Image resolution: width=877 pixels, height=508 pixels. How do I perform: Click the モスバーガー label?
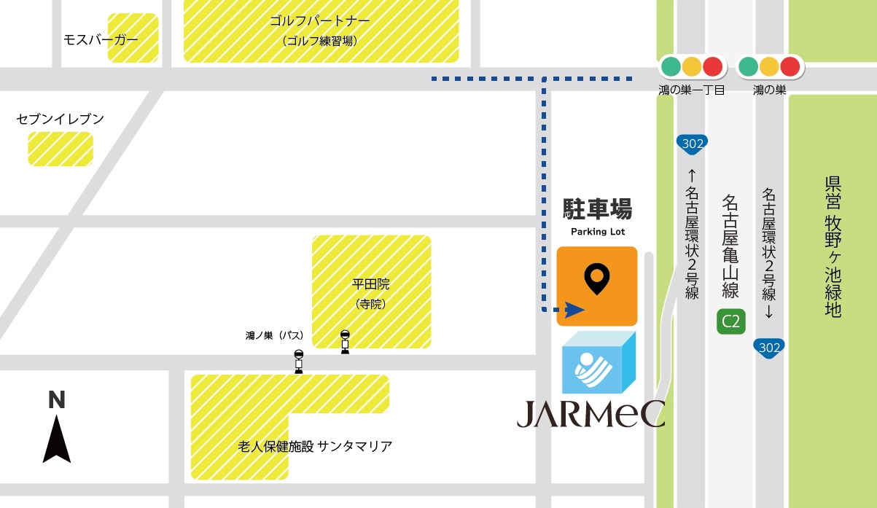pyautogui.click(x=101, y=39)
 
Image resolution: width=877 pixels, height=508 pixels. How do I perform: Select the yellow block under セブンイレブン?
pyautogui.click(x=61, y=149)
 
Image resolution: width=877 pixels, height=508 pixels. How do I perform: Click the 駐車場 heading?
pyautogui.click(x=597, y=210)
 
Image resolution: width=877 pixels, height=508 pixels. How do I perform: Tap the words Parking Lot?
pyautogui.click(x=597, y=232)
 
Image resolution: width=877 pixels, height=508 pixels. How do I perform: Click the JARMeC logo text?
pyautogui.click(x=590, y=413)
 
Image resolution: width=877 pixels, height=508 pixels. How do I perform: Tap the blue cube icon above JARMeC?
pyautogui.click(x=599, y=363)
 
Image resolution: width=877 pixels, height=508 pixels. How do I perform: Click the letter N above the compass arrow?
pyautogui.click(x=57, y=399)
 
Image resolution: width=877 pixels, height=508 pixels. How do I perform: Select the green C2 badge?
pyautogui.click(x=730, y=321)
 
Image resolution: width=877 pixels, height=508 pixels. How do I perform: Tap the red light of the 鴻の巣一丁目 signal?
pyautogui.click(x=712, y=67)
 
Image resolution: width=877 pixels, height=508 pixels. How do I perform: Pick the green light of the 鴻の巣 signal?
pyautogui.click(x=748, y=67)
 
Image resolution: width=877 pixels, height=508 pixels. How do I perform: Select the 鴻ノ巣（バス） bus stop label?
pyautogui.click(x=274, y=336)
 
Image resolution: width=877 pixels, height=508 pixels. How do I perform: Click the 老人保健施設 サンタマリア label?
pyautogui.click(x=315, y=446)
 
